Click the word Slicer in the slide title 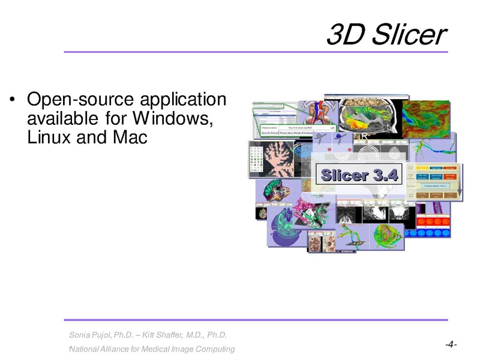click(x=410, y=35)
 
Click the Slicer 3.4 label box click(x=359, y=175)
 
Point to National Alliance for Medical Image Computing click(x=152, y=349)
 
